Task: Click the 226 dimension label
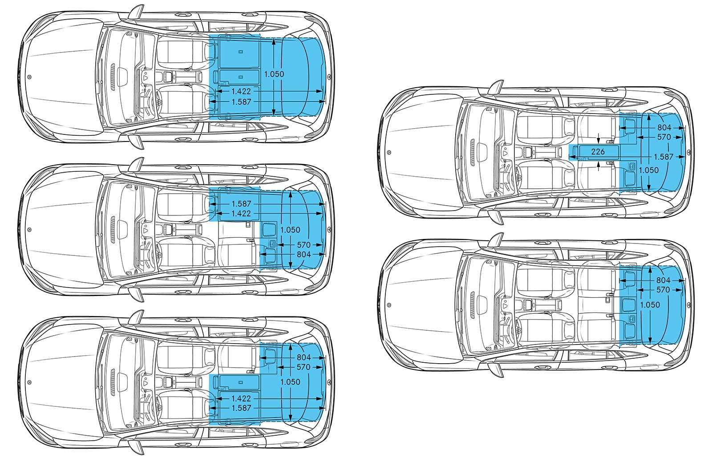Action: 598,152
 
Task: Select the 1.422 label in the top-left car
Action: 241,91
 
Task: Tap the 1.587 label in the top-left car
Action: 241,102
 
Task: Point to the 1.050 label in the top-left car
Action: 274,74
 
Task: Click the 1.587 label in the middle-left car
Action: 241,203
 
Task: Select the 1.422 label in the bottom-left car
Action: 241,398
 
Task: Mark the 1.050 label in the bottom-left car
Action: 291,382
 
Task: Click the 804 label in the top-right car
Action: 663,128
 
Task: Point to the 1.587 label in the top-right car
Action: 663,157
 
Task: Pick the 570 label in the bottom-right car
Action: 663,290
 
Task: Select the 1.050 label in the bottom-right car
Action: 650,305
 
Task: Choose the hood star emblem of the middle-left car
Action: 29,230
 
